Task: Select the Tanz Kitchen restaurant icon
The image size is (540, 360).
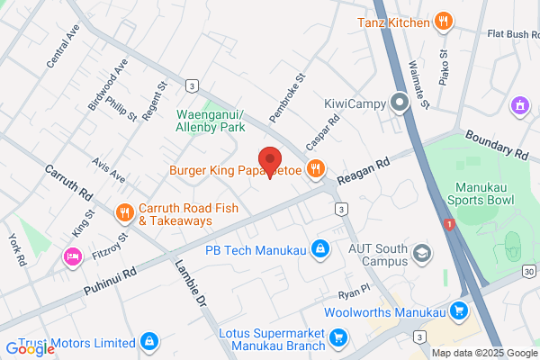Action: (x=442, y=22)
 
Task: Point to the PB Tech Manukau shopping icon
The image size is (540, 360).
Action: (x=319, y=248)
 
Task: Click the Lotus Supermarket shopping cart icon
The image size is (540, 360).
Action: (x=338, y=337)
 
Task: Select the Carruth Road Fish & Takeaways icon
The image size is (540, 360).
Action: (x=124, y=213)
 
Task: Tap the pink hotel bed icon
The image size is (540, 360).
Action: (x=73, y=257)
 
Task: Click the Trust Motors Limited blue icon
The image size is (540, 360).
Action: (x=149, y=342)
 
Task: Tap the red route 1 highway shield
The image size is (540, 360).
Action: (x=449, y=224)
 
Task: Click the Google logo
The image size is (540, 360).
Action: (x=31, y=349)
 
